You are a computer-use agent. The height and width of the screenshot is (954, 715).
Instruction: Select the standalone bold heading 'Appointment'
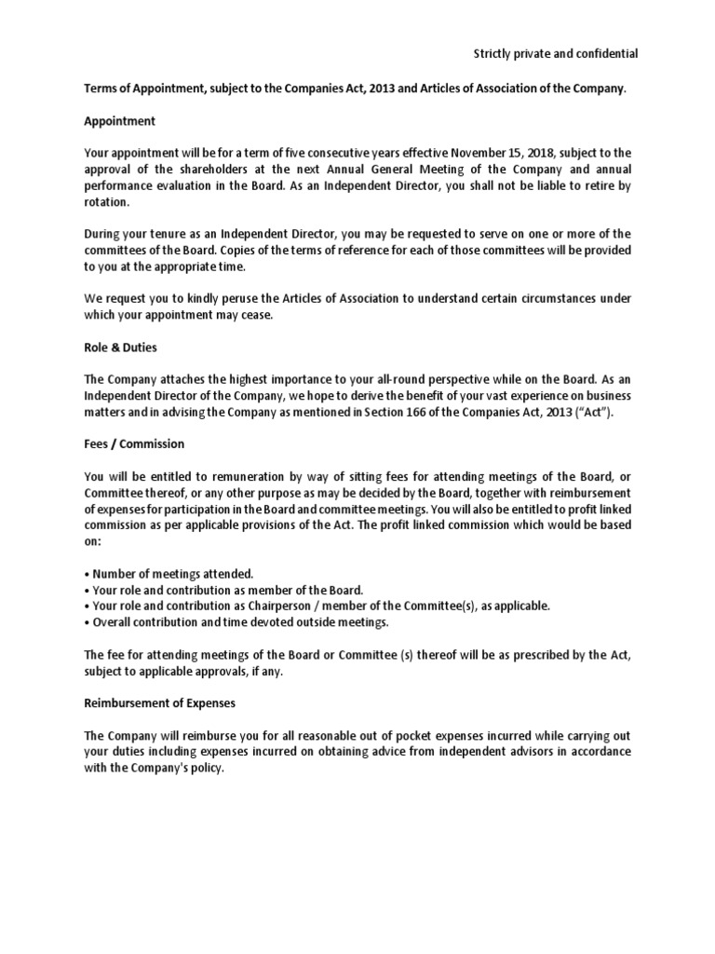click(x=119, y=121)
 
